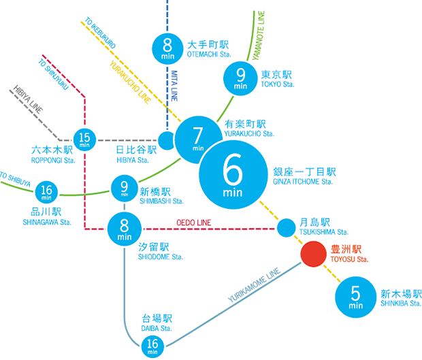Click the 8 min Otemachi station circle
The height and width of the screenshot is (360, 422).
(x=168, y=48)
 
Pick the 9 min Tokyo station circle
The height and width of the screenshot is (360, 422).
(x=240, y=79)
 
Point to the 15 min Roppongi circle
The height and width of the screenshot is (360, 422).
(x=84, y=139)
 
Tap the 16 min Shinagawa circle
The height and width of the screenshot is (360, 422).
(x=46, y=192)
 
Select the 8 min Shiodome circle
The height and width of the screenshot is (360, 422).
(x=125, y=229)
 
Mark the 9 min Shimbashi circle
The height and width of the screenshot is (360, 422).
(x=125, y=187)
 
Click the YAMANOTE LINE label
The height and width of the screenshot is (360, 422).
(x=261, y=35)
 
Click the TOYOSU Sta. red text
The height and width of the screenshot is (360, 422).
(x=350, y=260)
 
